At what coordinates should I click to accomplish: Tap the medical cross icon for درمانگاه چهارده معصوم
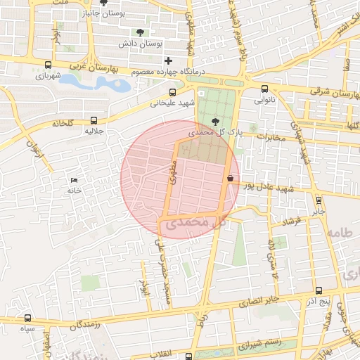click(x=168, y=61)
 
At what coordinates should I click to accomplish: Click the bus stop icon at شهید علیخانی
click(x=173, y=92)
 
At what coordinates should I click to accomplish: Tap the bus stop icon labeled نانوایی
click(x=264, y=89)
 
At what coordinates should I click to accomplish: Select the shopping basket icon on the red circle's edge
click(x=231, y=179)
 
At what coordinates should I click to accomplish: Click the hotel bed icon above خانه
click(x=75, y=179)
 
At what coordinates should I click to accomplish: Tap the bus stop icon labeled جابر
click(x=319, y=199)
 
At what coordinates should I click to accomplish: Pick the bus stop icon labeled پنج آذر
click(x=319, y=290)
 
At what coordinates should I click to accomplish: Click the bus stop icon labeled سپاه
click(x=28, y=318)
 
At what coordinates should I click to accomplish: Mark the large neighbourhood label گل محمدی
click(x=194, y=222)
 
